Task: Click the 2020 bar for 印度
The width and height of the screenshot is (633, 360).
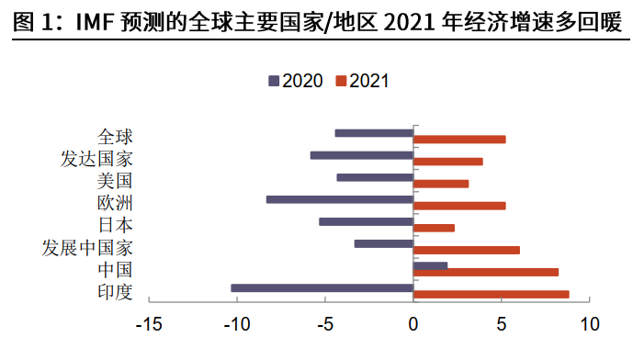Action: tap(322, 287)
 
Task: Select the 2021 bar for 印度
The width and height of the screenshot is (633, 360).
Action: tap(492, 294)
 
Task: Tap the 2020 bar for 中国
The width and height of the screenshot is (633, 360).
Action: tap(431, 265)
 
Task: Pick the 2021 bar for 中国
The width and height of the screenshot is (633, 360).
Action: tap(486, 272)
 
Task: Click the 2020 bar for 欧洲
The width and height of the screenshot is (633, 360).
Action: tap(339, 199)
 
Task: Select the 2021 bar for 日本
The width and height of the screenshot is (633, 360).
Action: tap(435, 228)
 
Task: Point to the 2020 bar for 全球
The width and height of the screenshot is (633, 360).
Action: tap(374, 133)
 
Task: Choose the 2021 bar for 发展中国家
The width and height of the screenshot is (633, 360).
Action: tap(467, 250)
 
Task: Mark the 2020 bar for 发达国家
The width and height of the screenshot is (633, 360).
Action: tap(362, 155)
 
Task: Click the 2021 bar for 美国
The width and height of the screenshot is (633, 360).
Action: tap(441, 184)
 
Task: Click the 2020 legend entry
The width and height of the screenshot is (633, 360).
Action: tap(295, 80)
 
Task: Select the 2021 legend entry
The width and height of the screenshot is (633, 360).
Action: tap(363, 80)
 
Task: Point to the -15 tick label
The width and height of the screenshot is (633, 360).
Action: tap(149, 324)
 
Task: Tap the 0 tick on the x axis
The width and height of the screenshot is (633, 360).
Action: tap(413, 324)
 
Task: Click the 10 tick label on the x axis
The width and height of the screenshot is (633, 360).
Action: tap(589, 324)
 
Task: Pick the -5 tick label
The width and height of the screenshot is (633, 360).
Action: tap(325, 324)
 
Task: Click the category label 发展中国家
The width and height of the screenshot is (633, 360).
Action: tap(88, 248)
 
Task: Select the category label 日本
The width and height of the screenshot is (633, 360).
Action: tap(115, 225)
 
